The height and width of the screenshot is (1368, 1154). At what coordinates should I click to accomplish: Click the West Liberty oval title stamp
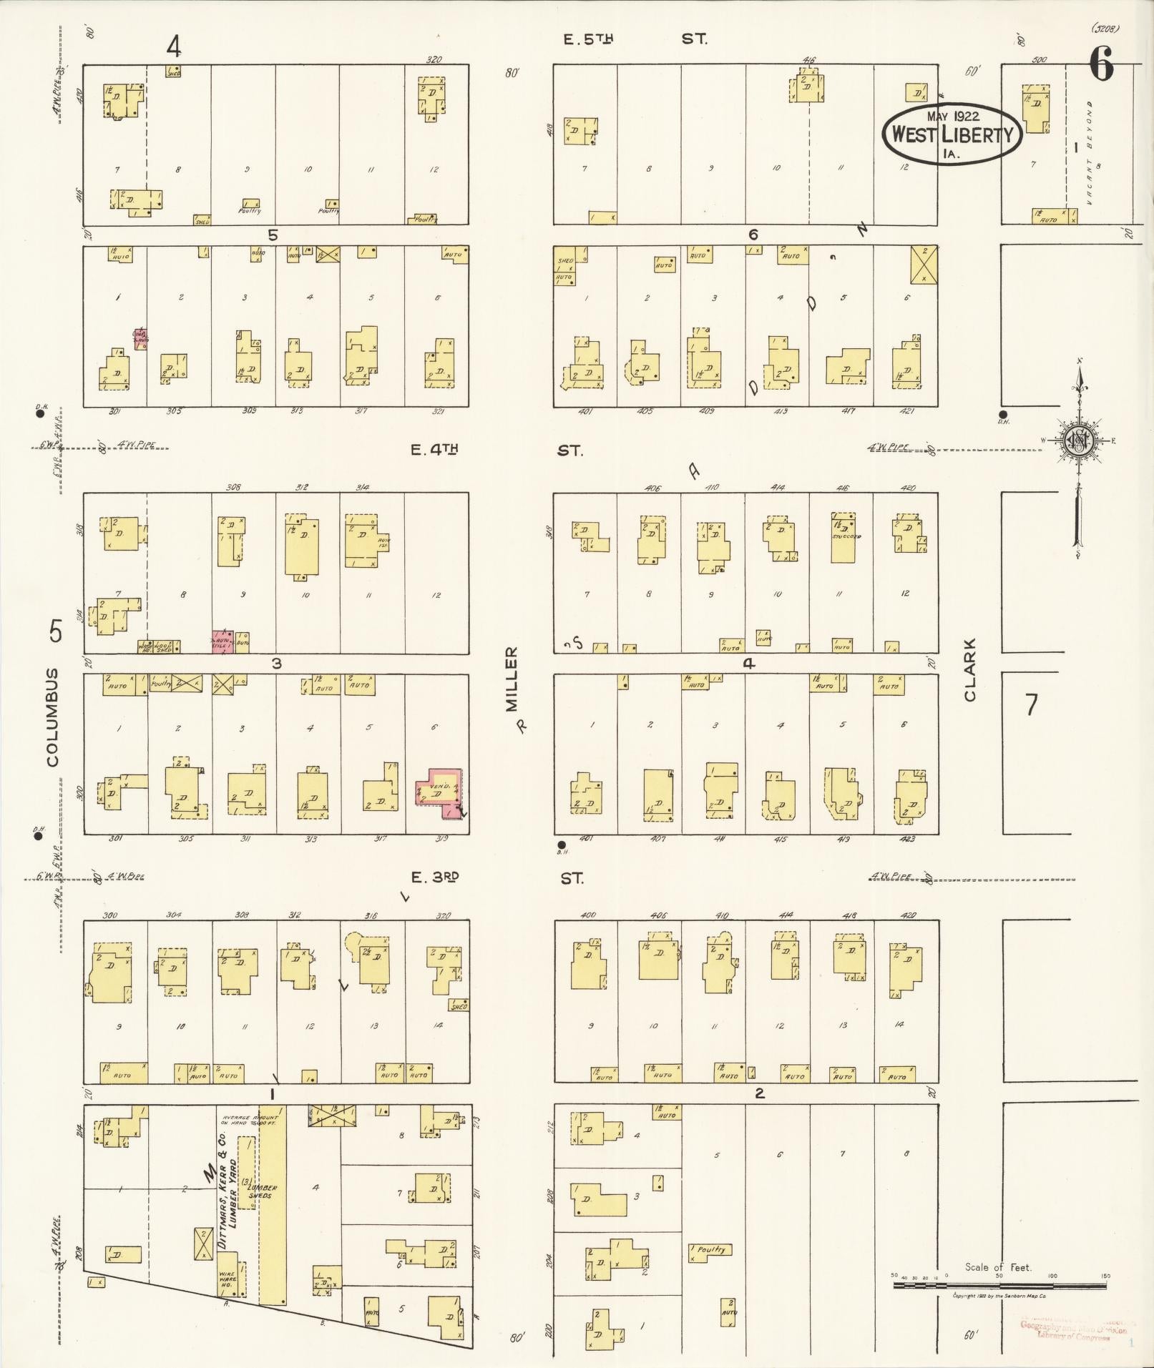click(x=952, y=134)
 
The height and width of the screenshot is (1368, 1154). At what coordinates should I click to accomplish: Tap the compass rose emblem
click(x=1077, y=441)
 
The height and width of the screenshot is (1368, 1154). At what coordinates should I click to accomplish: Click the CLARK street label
click(x=970, y=669)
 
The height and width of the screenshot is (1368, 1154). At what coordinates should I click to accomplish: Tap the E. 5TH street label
click(x=588, y=39)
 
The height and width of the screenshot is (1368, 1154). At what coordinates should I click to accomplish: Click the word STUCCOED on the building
click(x=846, y=536)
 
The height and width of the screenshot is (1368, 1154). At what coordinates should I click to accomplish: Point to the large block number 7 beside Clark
click(x=1031, y=705)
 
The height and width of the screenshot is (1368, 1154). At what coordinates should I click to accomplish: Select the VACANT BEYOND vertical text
click(x=1090, y=153)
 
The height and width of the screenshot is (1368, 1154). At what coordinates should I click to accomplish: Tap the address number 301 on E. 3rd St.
click(x=115, y=838)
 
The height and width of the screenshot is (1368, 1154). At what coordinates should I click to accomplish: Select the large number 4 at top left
click(x=173, y=46)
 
